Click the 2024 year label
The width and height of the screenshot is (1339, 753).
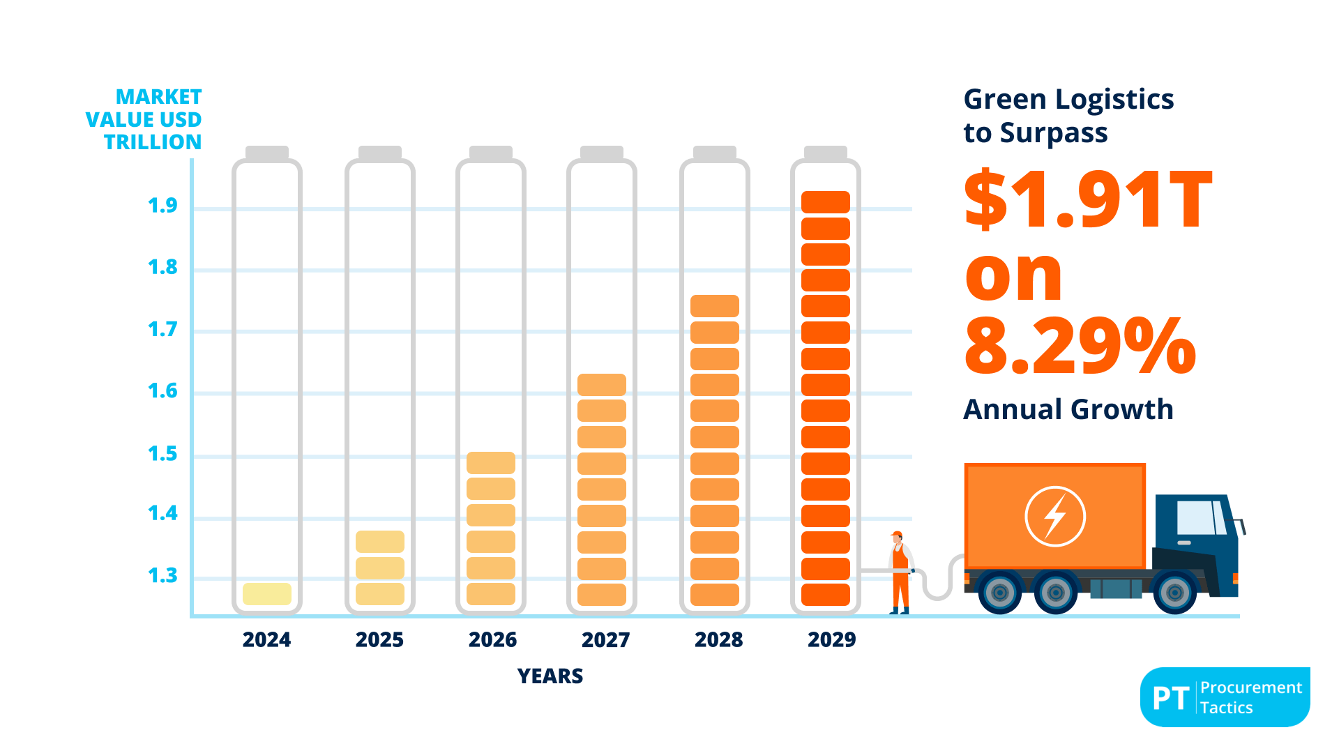point(266,639)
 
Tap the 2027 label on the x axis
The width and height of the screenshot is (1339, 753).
point(605,639)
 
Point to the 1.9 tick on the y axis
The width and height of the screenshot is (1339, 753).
point(162,206)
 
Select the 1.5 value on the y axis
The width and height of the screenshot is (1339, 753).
point(162,454)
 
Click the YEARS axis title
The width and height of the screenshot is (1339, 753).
point(550,676)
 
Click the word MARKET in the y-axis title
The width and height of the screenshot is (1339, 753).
point(158,97)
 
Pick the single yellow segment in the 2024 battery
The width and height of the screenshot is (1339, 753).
point(267,594)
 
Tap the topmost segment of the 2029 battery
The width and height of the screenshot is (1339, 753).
point(825,202)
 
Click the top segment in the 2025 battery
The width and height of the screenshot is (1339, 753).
point(379,542)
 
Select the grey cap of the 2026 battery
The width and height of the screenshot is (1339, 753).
point(490,153)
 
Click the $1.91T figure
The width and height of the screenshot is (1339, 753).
point(1088,201)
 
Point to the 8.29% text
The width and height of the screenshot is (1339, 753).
point(1080,347)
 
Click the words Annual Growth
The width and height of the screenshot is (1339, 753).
point(1068,409)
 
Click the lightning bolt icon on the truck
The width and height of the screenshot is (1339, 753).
point(1054,517)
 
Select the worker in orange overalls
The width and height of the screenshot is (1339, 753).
point(900,572)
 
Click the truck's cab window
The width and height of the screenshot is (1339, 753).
point(1197,517)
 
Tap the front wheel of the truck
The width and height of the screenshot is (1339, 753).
point(1174,593)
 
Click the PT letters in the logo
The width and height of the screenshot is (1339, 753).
point(1170,698)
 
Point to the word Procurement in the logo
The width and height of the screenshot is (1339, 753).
point(1250,687)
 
